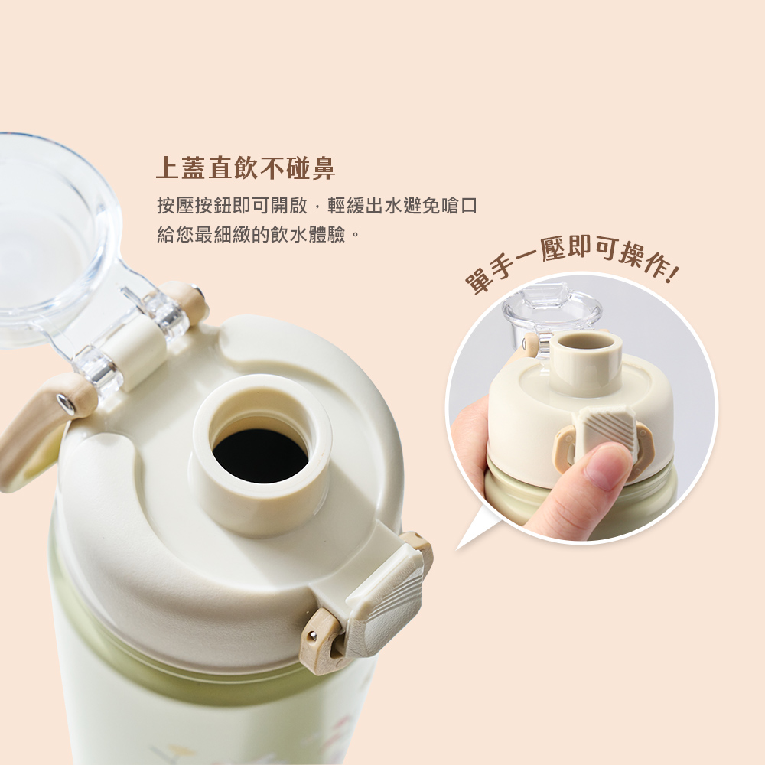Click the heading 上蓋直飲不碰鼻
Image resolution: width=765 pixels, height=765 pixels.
245,168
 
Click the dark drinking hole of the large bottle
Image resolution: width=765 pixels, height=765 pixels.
260,455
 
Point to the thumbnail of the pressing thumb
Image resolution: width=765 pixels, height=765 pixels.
608,467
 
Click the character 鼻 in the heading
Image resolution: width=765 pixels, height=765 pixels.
322,168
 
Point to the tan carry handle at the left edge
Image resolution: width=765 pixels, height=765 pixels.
31,436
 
